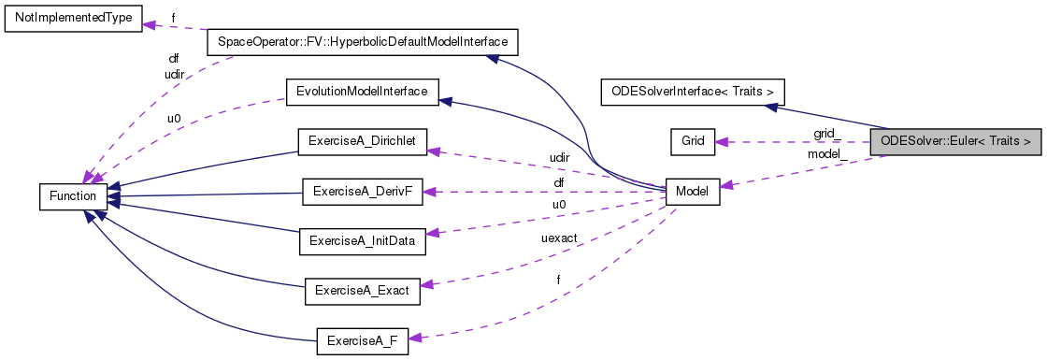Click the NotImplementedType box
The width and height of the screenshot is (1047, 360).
pyautogui.click(x=72, y=18)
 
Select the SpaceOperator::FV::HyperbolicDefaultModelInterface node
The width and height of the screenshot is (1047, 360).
pyautogui.click(x=361, y=42)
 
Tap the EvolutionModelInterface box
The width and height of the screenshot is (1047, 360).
pyautogui.click(x=361, y=92)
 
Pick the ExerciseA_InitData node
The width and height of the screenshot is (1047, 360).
pyautogui.click(x=361, y=240)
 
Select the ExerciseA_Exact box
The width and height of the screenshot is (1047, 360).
pyautogui.click(x=362, y=291)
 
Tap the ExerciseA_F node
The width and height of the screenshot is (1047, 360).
pyautogui.click(x=362, y=340)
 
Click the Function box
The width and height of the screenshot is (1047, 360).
pyautogui.click(x=73, y=195)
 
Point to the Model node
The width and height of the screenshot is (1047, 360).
pyautogui.click(x=693, y=191)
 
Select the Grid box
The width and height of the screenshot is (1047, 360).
pyautogui.click(x=693, y=141)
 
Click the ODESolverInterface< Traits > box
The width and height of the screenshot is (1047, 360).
pyautogui.click(x=692, y=92)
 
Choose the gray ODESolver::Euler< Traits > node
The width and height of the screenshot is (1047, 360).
pyautogui.click(x=954, y=141)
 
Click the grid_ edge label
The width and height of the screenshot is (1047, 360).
pyautogui.click(x=826, y=134)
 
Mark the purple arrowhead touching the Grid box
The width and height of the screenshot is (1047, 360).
pyautogui.click(x=722, y=142)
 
